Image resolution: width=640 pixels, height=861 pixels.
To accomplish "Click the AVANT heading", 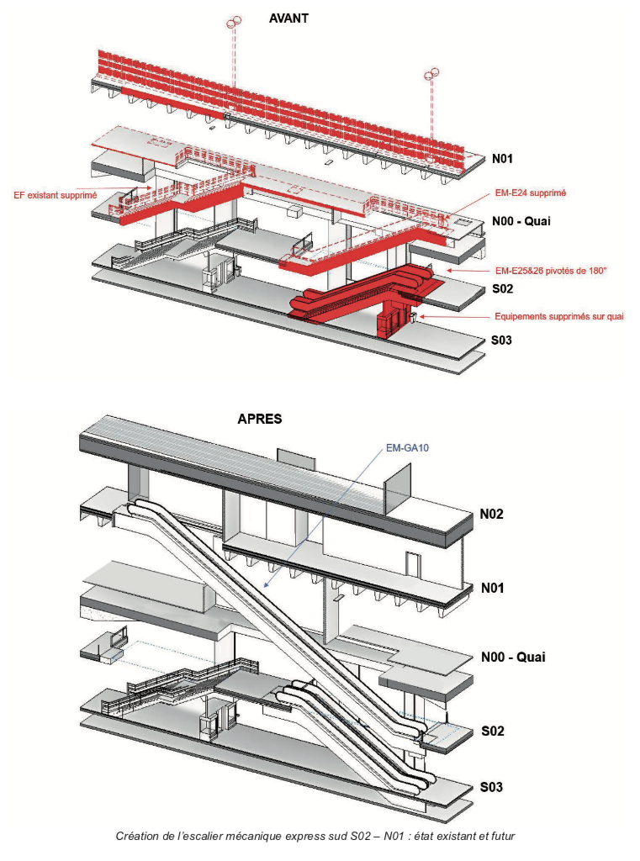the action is click(x=288, y=18).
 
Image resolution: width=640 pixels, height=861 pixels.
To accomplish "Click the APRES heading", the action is click(x=259, y=419).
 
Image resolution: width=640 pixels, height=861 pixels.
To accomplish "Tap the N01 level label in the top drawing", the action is click(x=502, y=159).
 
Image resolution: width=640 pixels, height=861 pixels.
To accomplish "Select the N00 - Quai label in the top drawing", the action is click(x=521, y=221).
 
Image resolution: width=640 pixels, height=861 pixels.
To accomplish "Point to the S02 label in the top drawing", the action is click(x=502, y=289).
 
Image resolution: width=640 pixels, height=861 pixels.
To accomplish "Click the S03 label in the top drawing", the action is click(x=501, y=341).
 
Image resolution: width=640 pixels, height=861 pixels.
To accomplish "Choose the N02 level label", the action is click(x=491, y=514).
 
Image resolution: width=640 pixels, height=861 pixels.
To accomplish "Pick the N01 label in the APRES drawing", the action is click(x=492, y=588).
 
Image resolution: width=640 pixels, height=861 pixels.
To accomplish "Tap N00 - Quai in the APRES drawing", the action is click(x=513, y=658).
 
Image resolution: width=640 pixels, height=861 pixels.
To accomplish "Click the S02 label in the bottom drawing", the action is click(x=492, y=731).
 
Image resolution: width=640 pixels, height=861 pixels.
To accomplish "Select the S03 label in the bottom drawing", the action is click(x=491, y=787).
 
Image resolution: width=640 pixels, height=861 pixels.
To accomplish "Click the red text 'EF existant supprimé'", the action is click(x=55, y=195).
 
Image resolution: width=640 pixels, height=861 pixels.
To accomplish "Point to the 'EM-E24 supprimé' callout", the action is click(x=530, y=193).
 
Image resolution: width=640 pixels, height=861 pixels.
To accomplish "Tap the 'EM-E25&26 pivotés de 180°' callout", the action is click(x=551, y=271).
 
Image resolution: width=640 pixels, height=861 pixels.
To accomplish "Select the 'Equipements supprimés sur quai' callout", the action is click(x=559, y=317).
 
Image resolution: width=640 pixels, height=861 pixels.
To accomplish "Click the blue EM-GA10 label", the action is click(x=407, y=448).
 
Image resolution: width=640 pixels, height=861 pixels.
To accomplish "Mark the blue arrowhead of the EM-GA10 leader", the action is click(x=266, y=586).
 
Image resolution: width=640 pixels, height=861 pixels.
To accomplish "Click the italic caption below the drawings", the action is click(x=315, y=837).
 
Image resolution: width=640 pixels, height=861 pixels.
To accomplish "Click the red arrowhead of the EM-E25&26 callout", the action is click(x=449, y=271).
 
